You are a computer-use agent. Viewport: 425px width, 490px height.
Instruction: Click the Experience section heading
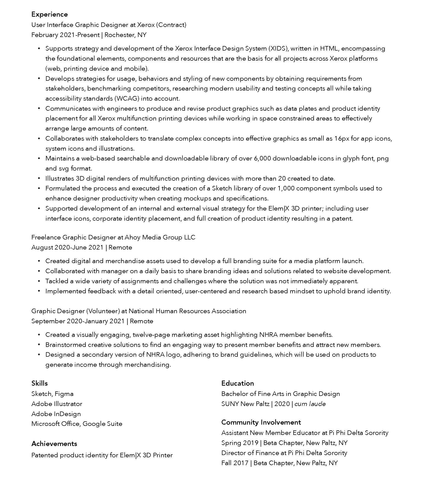(50, 14)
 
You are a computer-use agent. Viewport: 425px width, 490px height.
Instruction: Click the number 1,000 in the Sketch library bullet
(286, 188)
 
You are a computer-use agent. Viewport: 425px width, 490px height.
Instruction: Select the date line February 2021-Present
(65, 35)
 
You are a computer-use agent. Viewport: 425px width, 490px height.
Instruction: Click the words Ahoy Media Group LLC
(160, 237)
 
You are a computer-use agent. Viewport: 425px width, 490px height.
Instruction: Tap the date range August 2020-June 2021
(67, 247)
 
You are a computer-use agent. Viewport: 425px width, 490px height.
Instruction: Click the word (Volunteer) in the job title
(103, 311)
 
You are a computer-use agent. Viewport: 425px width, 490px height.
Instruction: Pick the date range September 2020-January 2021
(78, 321)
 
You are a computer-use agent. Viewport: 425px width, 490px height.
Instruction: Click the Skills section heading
(39, 383)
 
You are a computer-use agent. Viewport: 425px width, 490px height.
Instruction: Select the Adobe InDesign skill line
(56, 414)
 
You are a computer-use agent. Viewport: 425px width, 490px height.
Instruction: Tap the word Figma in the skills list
(64, 394)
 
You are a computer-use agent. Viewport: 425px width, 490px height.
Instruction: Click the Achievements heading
(54, 443)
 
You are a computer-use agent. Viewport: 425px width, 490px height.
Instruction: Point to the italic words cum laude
(310, 404)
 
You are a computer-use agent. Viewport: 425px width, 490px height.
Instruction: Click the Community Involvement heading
(261, 422)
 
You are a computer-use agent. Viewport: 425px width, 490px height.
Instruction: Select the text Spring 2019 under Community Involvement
(240, 443)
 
